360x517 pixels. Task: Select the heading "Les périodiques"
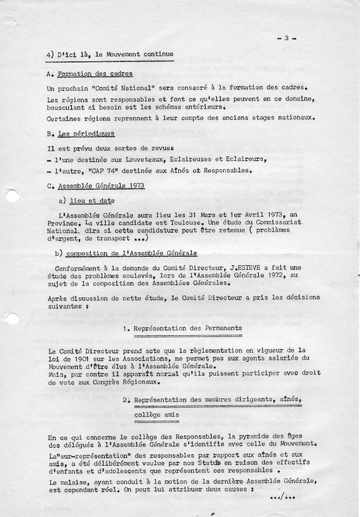(86, 134)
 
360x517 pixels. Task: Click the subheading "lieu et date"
(91, 201)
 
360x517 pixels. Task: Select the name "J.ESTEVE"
(245, 268)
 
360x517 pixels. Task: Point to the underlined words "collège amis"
(156, 414)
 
